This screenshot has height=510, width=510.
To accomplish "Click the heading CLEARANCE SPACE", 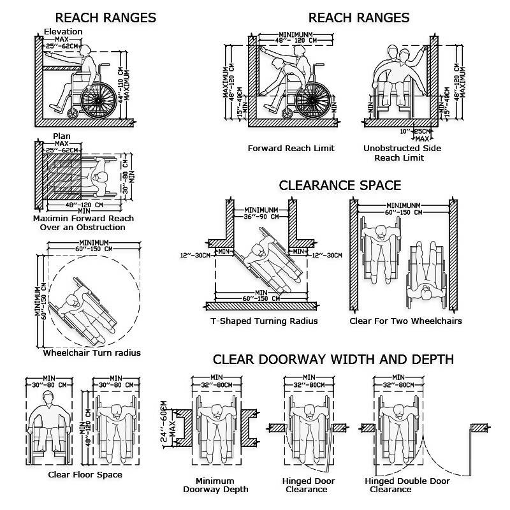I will tap(340, 186).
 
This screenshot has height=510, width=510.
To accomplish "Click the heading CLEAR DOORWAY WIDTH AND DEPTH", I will tap(333, 360).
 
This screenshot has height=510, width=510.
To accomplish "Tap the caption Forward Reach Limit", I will tap(291, 149).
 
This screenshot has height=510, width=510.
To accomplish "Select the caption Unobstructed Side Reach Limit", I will tap(402, 153).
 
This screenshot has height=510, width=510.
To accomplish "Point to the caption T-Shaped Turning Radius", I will tap(264, 321).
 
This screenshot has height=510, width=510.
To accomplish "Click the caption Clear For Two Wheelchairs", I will tap(405, 321).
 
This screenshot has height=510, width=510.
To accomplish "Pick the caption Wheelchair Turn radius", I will tap(92, 353).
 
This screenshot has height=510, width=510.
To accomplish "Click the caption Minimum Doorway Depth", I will tap(215, 485).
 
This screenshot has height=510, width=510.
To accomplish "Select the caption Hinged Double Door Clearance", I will tap(407, 485).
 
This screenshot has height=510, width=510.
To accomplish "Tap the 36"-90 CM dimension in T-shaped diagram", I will tap(258, 215).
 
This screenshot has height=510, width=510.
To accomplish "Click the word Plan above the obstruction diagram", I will tap(61, 137).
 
